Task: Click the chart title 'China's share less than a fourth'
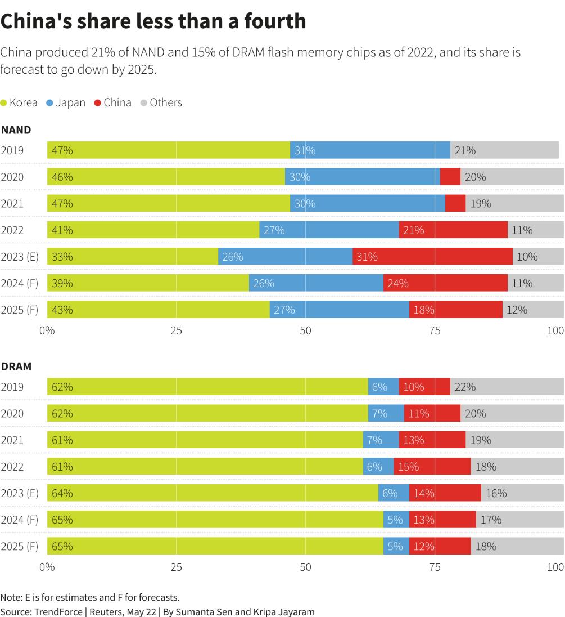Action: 153,21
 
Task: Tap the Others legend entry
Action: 161,102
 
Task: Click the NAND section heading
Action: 16,130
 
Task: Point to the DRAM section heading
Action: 16,366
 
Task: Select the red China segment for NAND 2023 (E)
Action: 433,257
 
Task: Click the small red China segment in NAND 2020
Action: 450,177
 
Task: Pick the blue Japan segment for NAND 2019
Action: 370,150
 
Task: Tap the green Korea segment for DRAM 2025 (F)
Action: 215,546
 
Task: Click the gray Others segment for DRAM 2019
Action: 507,387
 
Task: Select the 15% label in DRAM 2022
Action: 408,467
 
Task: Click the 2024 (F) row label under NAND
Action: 19,283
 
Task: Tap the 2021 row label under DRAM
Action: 12,440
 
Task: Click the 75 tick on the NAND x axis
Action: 435,331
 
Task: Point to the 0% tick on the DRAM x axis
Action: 47,567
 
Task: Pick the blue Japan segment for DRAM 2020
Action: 386,413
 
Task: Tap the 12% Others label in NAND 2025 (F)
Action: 517,310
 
